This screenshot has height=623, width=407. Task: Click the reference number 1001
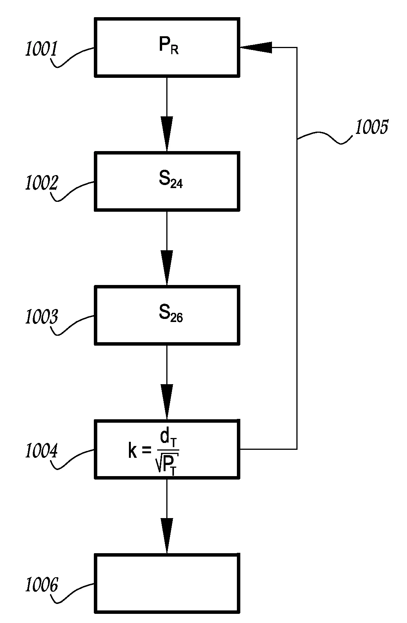click(41, 50)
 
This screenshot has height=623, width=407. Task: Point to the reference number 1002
click(41, 184)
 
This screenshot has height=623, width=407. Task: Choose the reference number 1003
click(41, 317)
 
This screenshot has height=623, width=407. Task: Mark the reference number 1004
click(41, 451)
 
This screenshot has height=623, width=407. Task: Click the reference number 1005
click(372, 127)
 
